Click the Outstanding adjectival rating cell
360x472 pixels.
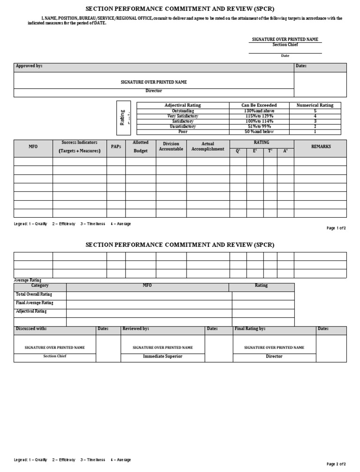coord(182,111)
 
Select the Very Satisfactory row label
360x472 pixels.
coord(182,116)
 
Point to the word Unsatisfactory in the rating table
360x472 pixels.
coord(182,127)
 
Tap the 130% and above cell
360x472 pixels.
coord(259,111)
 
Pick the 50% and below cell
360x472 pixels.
coord(259,132)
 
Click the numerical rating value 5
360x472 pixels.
coord(315,111)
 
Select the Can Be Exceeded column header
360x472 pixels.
coord(259,105)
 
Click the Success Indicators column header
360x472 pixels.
coord(79,146)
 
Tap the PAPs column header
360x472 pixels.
coord(116,146)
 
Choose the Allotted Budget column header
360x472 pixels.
coord(141,146)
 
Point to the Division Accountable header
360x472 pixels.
coord(171,146)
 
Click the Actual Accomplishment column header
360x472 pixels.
coord(208,146)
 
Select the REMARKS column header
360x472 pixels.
coord(321,146)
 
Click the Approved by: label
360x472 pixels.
coord(29,66)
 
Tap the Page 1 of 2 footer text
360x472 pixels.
coord(336,228)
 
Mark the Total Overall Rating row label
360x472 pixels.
coord(34,294)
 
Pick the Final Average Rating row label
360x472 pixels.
coord(35,303)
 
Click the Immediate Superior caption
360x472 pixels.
coord(163,357)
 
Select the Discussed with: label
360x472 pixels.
coord(31,329)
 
